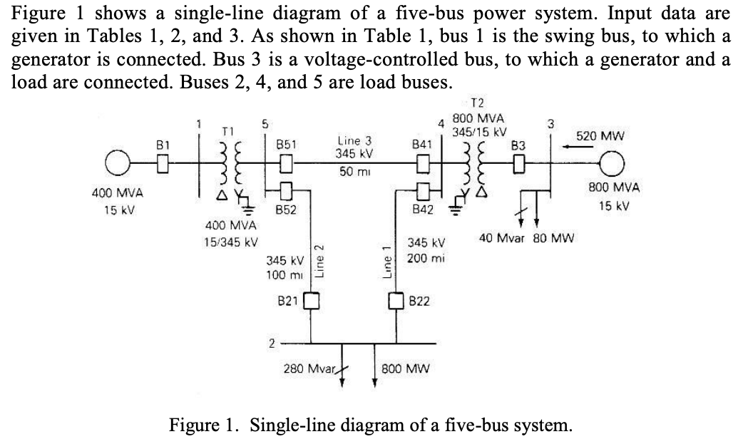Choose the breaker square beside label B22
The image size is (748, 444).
point(397,300)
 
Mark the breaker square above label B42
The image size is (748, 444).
point(422,190)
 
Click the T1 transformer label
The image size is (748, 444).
point(227,131)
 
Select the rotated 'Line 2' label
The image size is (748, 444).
point(320,258)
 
